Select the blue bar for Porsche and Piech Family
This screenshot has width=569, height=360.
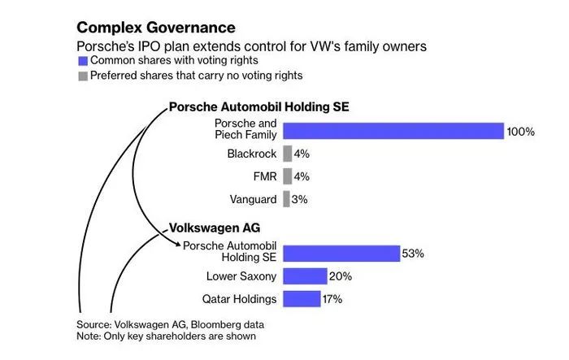[393, 131]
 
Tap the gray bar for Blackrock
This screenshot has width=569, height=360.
[287, 153]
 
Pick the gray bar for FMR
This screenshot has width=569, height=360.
[287, 176]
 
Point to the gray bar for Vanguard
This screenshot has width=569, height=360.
[286, 199]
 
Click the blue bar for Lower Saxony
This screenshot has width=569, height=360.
[305, 276]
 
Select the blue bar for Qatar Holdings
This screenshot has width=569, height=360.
[302, 299]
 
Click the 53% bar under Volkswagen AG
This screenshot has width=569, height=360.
[341, 253]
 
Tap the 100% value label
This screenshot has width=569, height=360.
[521, 131]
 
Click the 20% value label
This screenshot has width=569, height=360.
[341, 276]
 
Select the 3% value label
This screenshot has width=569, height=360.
[301, 199]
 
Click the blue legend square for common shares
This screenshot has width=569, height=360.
[82, 61]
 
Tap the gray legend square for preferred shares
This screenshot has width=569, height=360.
[82, 76]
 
